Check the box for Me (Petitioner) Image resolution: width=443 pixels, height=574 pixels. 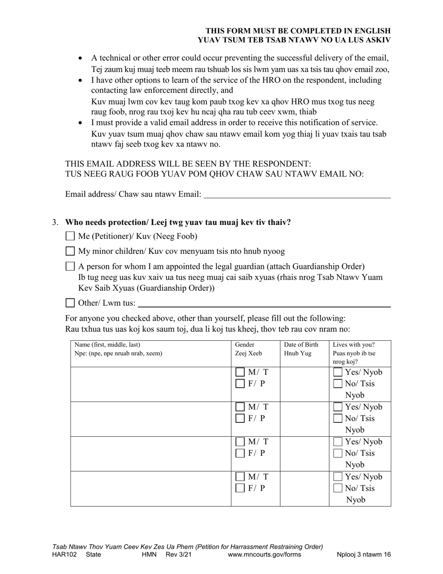tap(70, 236)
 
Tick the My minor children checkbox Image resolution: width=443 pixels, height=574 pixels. tap(70, 251)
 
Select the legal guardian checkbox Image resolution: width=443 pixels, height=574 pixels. tap(70, 266)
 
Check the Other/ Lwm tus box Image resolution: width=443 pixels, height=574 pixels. tap(70, 303)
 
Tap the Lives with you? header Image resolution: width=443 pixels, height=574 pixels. tap(354, 345)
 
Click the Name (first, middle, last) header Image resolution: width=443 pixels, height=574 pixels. tap(107, 345)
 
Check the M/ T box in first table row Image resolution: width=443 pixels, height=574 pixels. tap(240, 372)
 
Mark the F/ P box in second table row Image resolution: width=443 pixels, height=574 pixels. tap(240, 419)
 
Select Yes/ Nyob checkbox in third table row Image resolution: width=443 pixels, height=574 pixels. tap(338, 442)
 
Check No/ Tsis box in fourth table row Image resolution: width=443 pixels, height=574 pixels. tap(338, 488)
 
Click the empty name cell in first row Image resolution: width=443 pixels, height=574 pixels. tap(151, 384)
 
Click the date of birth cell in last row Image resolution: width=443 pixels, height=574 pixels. tap(305, 489)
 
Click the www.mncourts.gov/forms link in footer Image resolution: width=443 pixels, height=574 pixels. tap(264, 555)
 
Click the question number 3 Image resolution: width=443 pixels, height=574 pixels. tap(55, 222)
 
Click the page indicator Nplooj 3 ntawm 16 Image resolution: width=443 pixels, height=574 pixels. tap(364, 555)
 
